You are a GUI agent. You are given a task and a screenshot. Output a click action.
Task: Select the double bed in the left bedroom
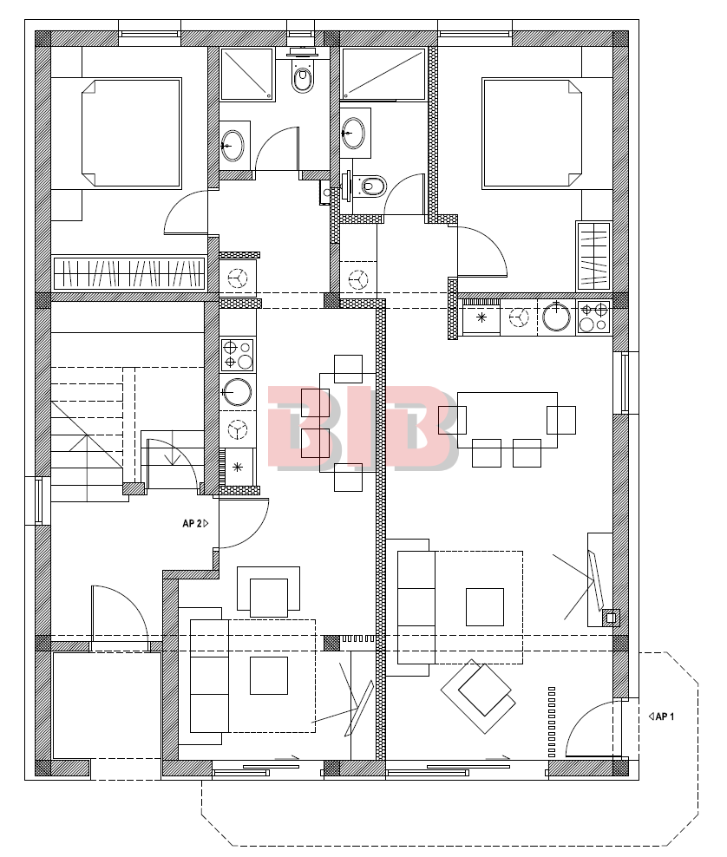click(131, 134)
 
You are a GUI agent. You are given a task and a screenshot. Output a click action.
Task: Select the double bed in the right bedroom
click(531, 134)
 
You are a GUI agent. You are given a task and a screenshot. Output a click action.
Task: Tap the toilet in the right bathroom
click(366, 186)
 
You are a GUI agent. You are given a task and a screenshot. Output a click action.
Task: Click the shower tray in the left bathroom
click(247, 75)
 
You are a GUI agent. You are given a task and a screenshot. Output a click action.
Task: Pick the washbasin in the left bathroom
click(234, 146)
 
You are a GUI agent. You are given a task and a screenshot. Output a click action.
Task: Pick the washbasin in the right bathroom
click(354, 133)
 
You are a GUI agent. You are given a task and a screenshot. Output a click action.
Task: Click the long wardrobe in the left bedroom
click(129, 273)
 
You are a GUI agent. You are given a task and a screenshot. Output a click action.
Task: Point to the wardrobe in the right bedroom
click(593, 256)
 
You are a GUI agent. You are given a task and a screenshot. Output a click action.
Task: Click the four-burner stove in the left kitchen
click(238, 354)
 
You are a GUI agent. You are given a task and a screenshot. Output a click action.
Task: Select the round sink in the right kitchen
click(556, 317)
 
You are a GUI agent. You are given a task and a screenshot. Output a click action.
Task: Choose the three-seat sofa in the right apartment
click(416, 607)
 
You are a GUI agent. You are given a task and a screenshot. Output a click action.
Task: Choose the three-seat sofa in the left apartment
click(209, 676)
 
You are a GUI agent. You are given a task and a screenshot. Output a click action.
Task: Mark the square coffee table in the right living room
click(485, 606)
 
